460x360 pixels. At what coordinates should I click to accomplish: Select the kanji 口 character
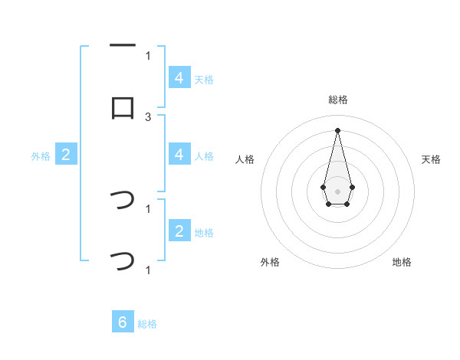(123, 108)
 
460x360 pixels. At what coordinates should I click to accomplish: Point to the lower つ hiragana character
(123, 261)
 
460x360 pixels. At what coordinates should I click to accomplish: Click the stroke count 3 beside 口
(148, 116)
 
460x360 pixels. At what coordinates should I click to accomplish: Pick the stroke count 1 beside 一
(148, 55)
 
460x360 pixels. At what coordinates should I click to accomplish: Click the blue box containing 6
(123, 322)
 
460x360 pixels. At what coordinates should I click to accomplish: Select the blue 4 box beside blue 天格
(179, 78)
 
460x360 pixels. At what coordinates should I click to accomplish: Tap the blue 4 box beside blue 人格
(179, 155)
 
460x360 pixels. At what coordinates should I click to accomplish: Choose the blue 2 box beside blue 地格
(179, 231)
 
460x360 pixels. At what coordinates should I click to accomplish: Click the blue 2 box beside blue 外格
(66, 155)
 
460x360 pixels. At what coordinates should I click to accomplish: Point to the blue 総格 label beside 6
(147, 324)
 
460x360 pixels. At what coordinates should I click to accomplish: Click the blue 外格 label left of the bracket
(41, 155)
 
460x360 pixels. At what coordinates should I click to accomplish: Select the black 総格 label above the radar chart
(337, 100)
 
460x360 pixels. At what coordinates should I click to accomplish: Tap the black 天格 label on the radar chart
(432, 159)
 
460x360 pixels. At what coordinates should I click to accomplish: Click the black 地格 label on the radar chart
(402, 262)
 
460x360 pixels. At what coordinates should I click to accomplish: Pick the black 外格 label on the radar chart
(270, 262)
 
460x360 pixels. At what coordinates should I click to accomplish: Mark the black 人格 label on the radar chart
(245, 159)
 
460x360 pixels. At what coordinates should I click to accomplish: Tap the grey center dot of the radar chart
(337, 190)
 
